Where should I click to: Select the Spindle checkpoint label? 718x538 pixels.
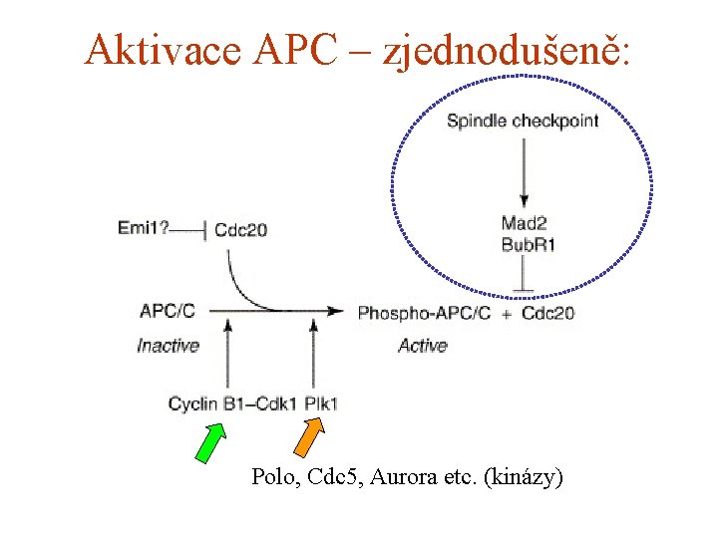coord(523,122)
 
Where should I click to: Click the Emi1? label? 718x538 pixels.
coord(144,229)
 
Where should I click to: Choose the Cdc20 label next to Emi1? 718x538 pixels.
coord(240,230)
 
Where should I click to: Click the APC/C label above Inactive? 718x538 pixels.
coord(168,311)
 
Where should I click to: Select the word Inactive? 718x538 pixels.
coord(168,346)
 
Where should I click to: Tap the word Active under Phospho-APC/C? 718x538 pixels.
coord(422,346)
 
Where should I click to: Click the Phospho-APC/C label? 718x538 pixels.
coord(424,312)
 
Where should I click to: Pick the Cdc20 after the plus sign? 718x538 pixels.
coord(547,312)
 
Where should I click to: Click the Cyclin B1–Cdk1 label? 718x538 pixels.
coord(232,403)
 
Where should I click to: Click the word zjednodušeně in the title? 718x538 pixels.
coord(519,49)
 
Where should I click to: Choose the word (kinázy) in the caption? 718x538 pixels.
coord(523,477)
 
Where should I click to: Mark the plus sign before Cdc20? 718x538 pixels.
coord(508,313)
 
